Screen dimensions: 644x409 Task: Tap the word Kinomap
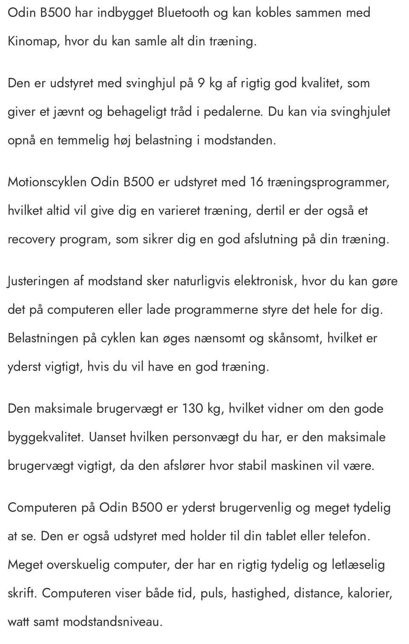pyautogui.click(x=33, y=41)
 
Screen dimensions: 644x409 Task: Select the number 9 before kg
pyautogui.click(x=201, y=83)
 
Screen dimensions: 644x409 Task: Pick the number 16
pyautogui.click(x=256, y=182)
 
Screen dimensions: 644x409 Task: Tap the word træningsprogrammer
pyautogui.click(x=328, y=182)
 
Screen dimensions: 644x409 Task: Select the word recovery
pyautogui.click(x=32, y=239)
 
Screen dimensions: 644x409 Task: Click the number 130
pyautogui.click(x=193, y=408)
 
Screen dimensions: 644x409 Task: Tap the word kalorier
pyautogui.click(x=370, y=593)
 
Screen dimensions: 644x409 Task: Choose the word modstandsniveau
pyautogui.click(x=113, y=622)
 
